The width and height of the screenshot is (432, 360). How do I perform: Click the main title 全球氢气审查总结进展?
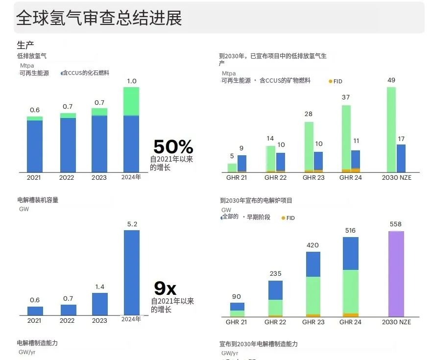(99, 18)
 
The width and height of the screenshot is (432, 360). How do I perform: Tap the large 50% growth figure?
(173, 146)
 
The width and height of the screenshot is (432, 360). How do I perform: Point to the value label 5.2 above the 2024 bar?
(132, 224)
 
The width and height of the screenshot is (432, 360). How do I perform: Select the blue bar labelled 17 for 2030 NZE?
(401, 158)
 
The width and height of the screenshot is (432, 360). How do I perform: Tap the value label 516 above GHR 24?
(350, 231)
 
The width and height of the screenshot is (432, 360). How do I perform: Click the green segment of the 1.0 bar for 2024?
(131, 101)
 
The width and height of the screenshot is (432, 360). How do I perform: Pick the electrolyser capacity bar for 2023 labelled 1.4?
(99, 304)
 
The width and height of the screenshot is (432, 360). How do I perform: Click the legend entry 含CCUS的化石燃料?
(85, 73)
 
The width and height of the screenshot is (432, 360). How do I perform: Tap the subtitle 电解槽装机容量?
(38, 200)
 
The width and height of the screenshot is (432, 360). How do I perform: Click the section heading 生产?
(25, 45)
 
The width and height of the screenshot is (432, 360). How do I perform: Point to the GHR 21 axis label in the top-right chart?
(237, 178)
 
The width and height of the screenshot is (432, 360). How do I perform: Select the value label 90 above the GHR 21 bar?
(237, 296)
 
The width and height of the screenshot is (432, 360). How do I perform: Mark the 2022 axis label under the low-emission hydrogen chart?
(67, 178)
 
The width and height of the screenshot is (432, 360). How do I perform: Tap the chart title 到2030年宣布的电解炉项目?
(256, 201)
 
